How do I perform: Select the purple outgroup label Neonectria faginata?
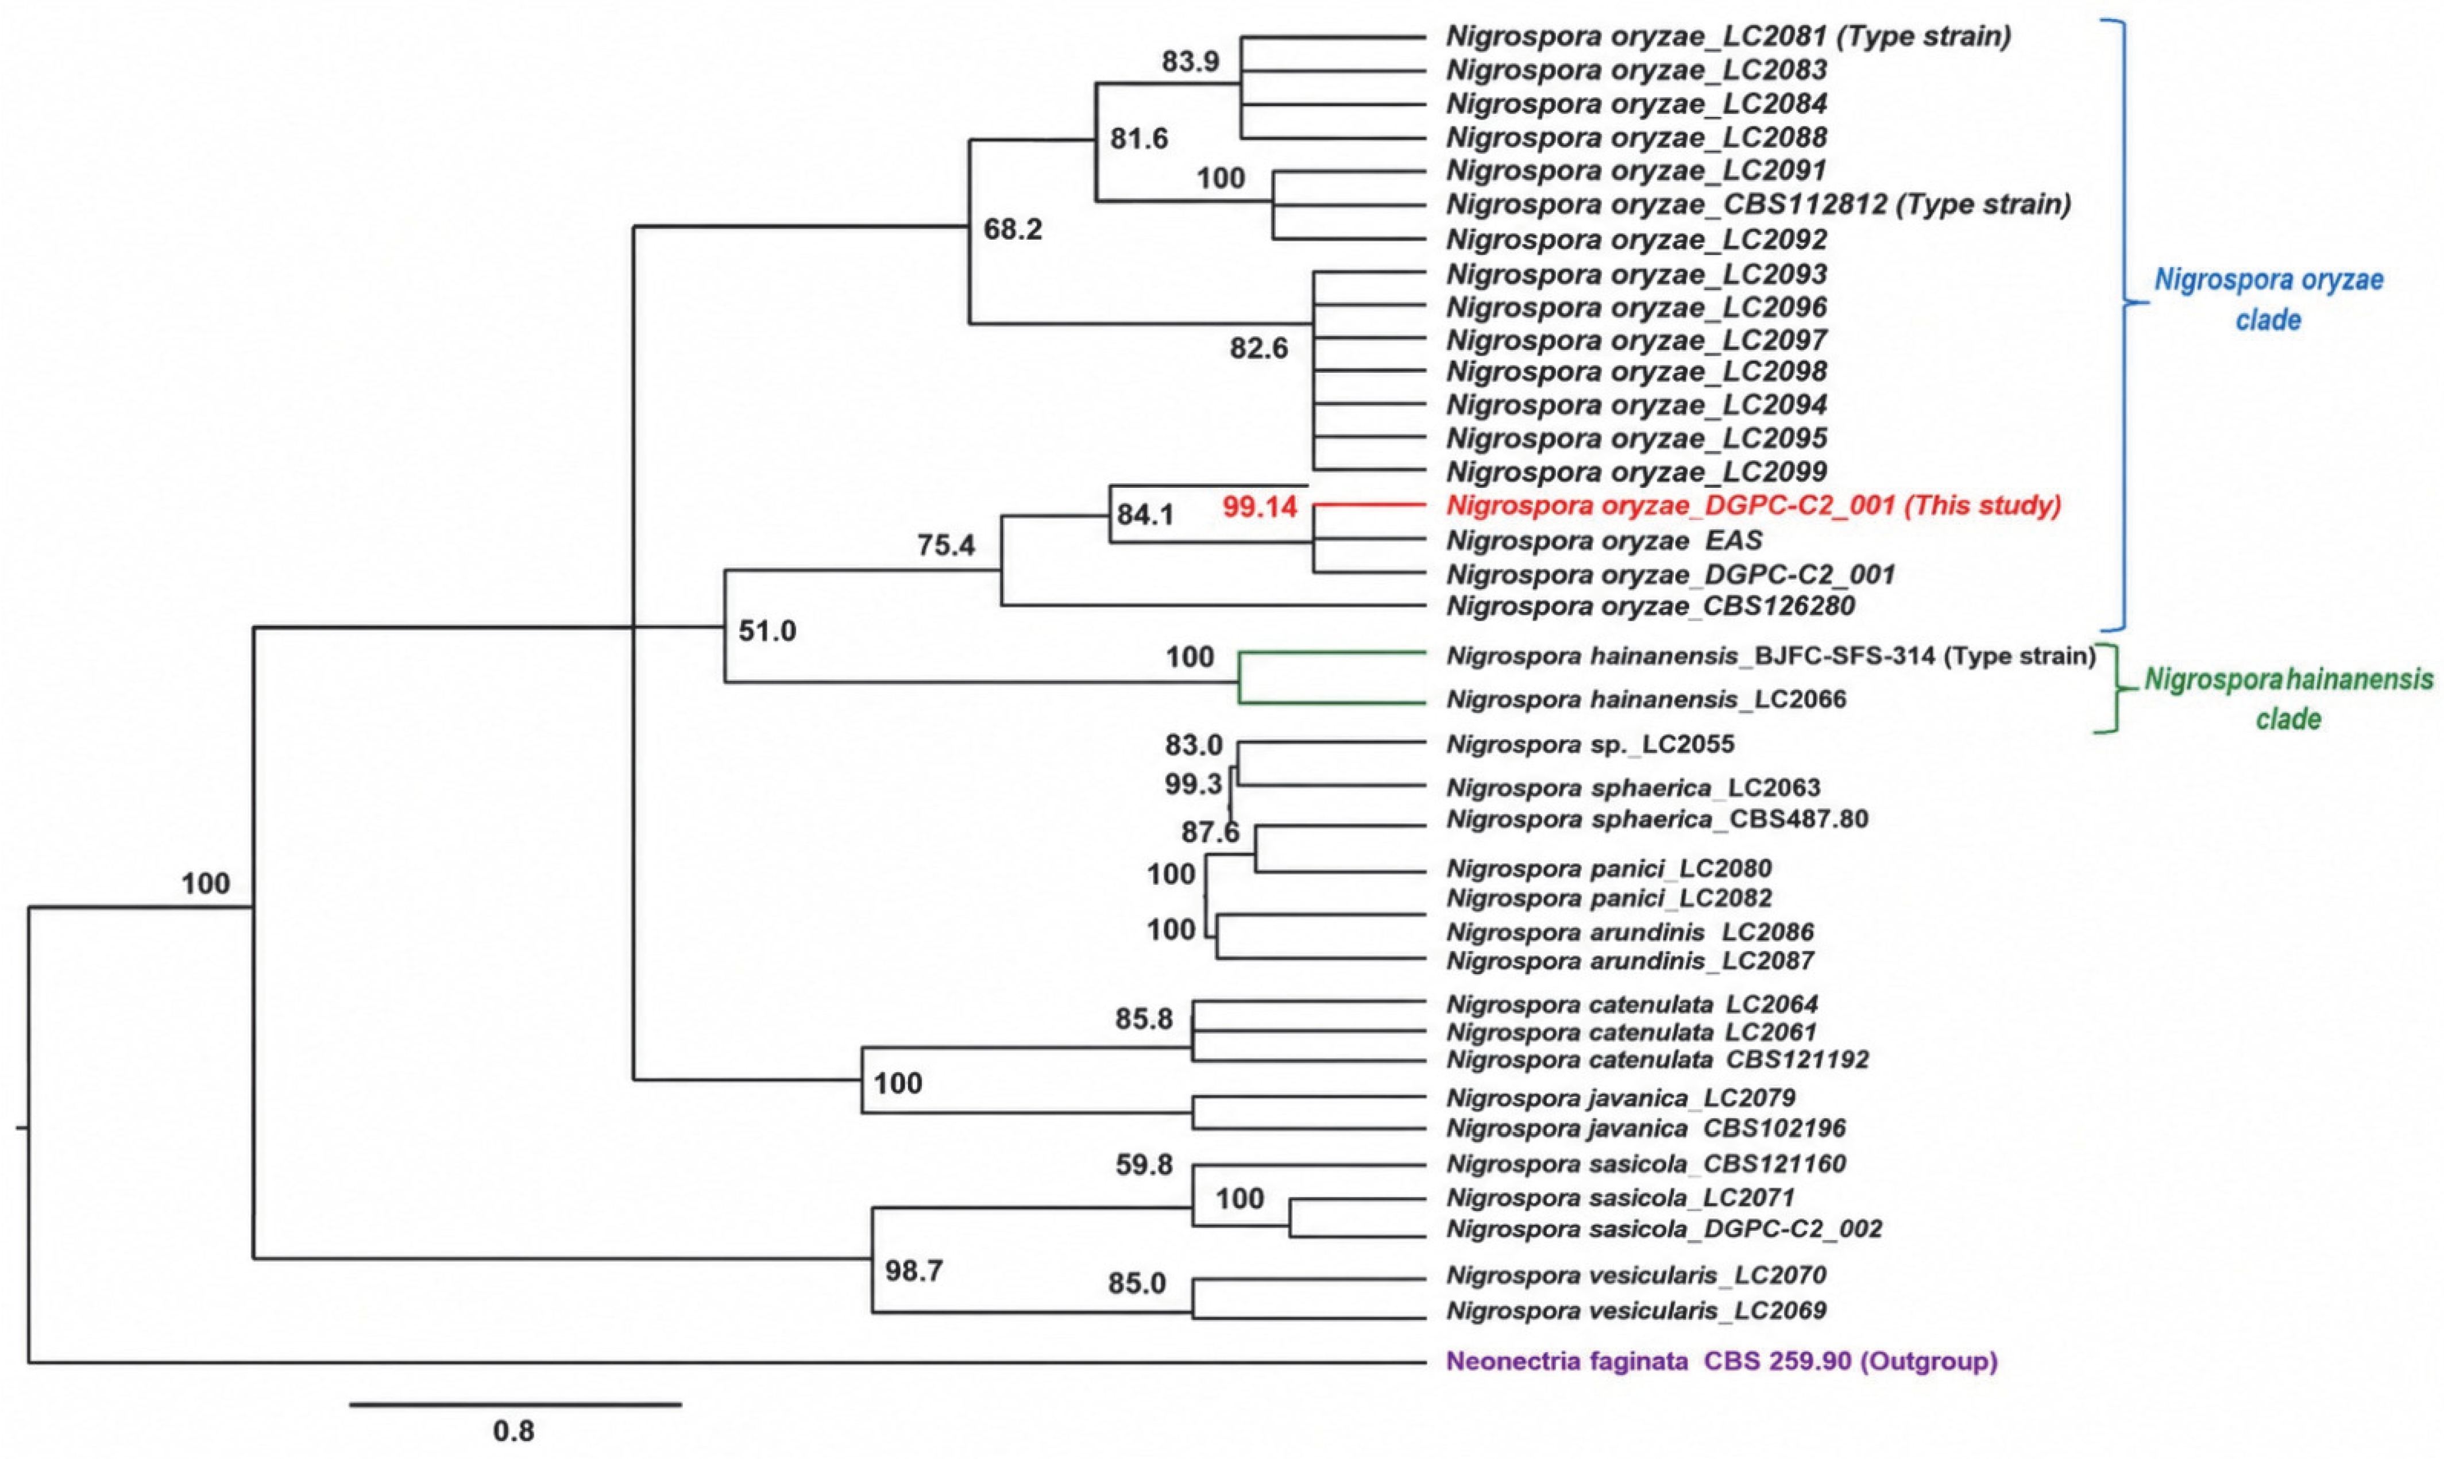coord(1721,1362)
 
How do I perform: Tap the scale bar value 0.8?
coord(513,1430)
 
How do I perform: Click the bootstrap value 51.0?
coord(767,630)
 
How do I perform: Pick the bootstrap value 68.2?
coord(1013,229)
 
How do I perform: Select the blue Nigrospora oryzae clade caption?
coord(2269,299)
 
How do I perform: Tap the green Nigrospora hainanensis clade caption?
coord(2289,699)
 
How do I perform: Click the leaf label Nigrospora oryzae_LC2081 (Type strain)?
coord(1728,36)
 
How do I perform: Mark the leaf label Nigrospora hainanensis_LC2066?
coord(1646,700)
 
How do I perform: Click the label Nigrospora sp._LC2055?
coord(1590,744)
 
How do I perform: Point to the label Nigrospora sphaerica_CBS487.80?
coord(1657,818)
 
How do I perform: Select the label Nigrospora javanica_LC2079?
coord(1620,1097)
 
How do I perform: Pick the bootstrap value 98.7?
coord(914,1271)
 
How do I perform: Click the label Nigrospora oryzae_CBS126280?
coord(1651,606)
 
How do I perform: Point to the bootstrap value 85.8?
coord(1144,1019)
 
